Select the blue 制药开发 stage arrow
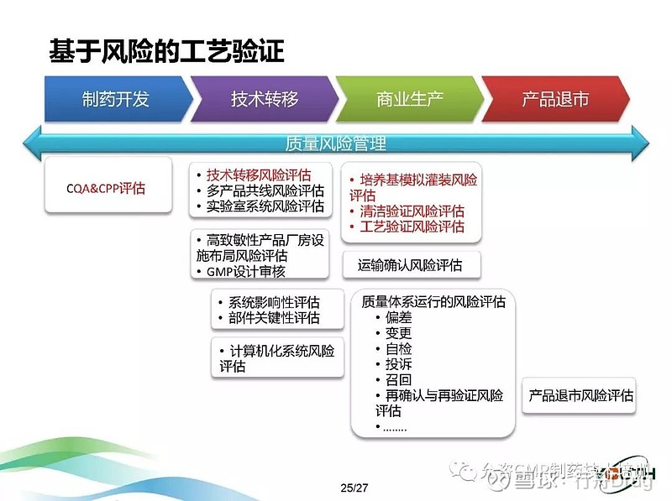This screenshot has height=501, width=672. point(115,99)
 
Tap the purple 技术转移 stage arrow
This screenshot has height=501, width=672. point(265,99)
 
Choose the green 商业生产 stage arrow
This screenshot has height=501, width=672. point(409,99)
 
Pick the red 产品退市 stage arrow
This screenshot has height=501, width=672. point(555,99)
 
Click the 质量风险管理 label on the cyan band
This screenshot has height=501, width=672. point(335,144)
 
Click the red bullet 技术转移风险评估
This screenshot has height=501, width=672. point(259,175)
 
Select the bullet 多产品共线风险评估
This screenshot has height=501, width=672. point(265,190)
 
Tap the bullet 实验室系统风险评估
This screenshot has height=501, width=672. point(265,206)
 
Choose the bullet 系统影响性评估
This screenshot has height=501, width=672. point(274,303)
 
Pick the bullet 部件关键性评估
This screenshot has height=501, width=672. point(274,318)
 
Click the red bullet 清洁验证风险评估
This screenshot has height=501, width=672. point(412,211)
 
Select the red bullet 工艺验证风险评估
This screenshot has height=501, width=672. point(412,227)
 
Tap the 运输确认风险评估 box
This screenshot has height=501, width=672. point(410,265)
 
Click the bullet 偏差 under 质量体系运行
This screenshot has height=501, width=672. point(398,318)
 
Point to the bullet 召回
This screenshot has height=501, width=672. point(398,379)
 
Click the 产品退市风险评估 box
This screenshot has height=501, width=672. point(580,394)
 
